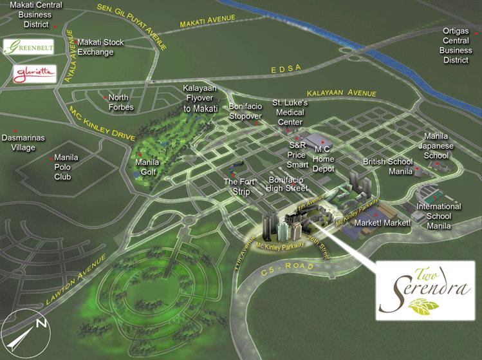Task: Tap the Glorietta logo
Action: click(30, 73)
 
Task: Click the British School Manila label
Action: click(385, 166)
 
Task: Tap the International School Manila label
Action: click(439, 216)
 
